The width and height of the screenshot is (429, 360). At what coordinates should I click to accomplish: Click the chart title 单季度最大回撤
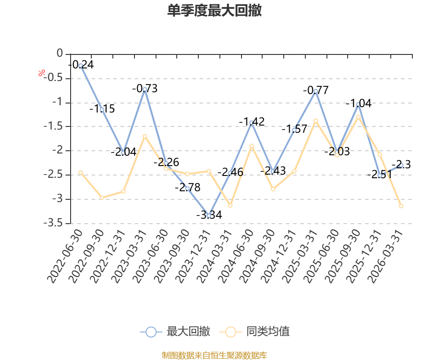pos(214,10)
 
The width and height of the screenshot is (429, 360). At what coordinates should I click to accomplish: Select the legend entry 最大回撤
pos(175,332)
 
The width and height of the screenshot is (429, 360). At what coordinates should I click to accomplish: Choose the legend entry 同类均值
pos(255,332)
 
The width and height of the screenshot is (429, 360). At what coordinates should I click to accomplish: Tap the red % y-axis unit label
pos(41,73)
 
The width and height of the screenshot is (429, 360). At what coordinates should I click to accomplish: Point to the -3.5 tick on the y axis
pos(53,223)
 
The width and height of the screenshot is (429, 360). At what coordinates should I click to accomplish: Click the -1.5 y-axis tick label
pos(53,126)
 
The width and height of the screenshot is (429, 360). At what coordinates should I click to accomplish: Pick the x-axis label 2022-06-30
pos(65,256)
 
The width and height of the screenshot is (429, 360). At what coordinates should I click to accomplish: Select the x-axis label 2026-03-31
pos(385,256)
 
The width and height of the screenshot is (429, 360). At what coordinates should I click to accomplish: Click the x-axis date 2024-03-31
pos(214,256)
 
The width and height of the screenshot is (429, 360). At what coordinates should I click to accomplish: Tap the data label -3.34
pos(209,215)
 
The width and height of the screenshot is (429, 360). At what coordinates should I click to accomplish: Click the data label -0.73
pos(145,89)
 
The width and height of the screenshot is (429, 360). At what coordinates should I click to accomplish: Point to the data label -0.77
pos(316,90)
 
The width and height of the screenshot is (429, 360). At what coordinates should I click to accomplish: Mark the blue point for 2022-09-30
pos(102,110)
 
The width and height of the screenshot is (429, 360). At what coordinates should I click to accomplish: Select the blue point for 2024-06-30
pos(251,123)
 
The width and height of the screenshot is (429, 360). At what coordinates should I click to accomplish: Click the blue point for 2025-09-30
pos(358,104)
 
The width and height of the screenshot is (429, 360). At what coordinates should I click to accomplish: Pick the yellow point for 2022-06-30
pos(80,173)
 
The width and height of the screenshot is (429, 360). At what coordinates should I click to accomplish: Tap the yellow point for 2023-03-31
pos(145,136)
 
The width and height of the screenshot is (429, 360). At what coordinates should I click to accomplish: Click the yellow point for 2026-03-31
pos(401,206)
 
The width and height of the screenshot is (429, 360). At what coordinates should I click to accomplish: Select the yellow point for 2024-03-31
pos(230,205)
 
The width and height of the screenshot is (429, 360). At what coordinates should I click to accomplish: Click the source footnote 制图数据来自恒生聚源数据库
pos(214,355)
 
